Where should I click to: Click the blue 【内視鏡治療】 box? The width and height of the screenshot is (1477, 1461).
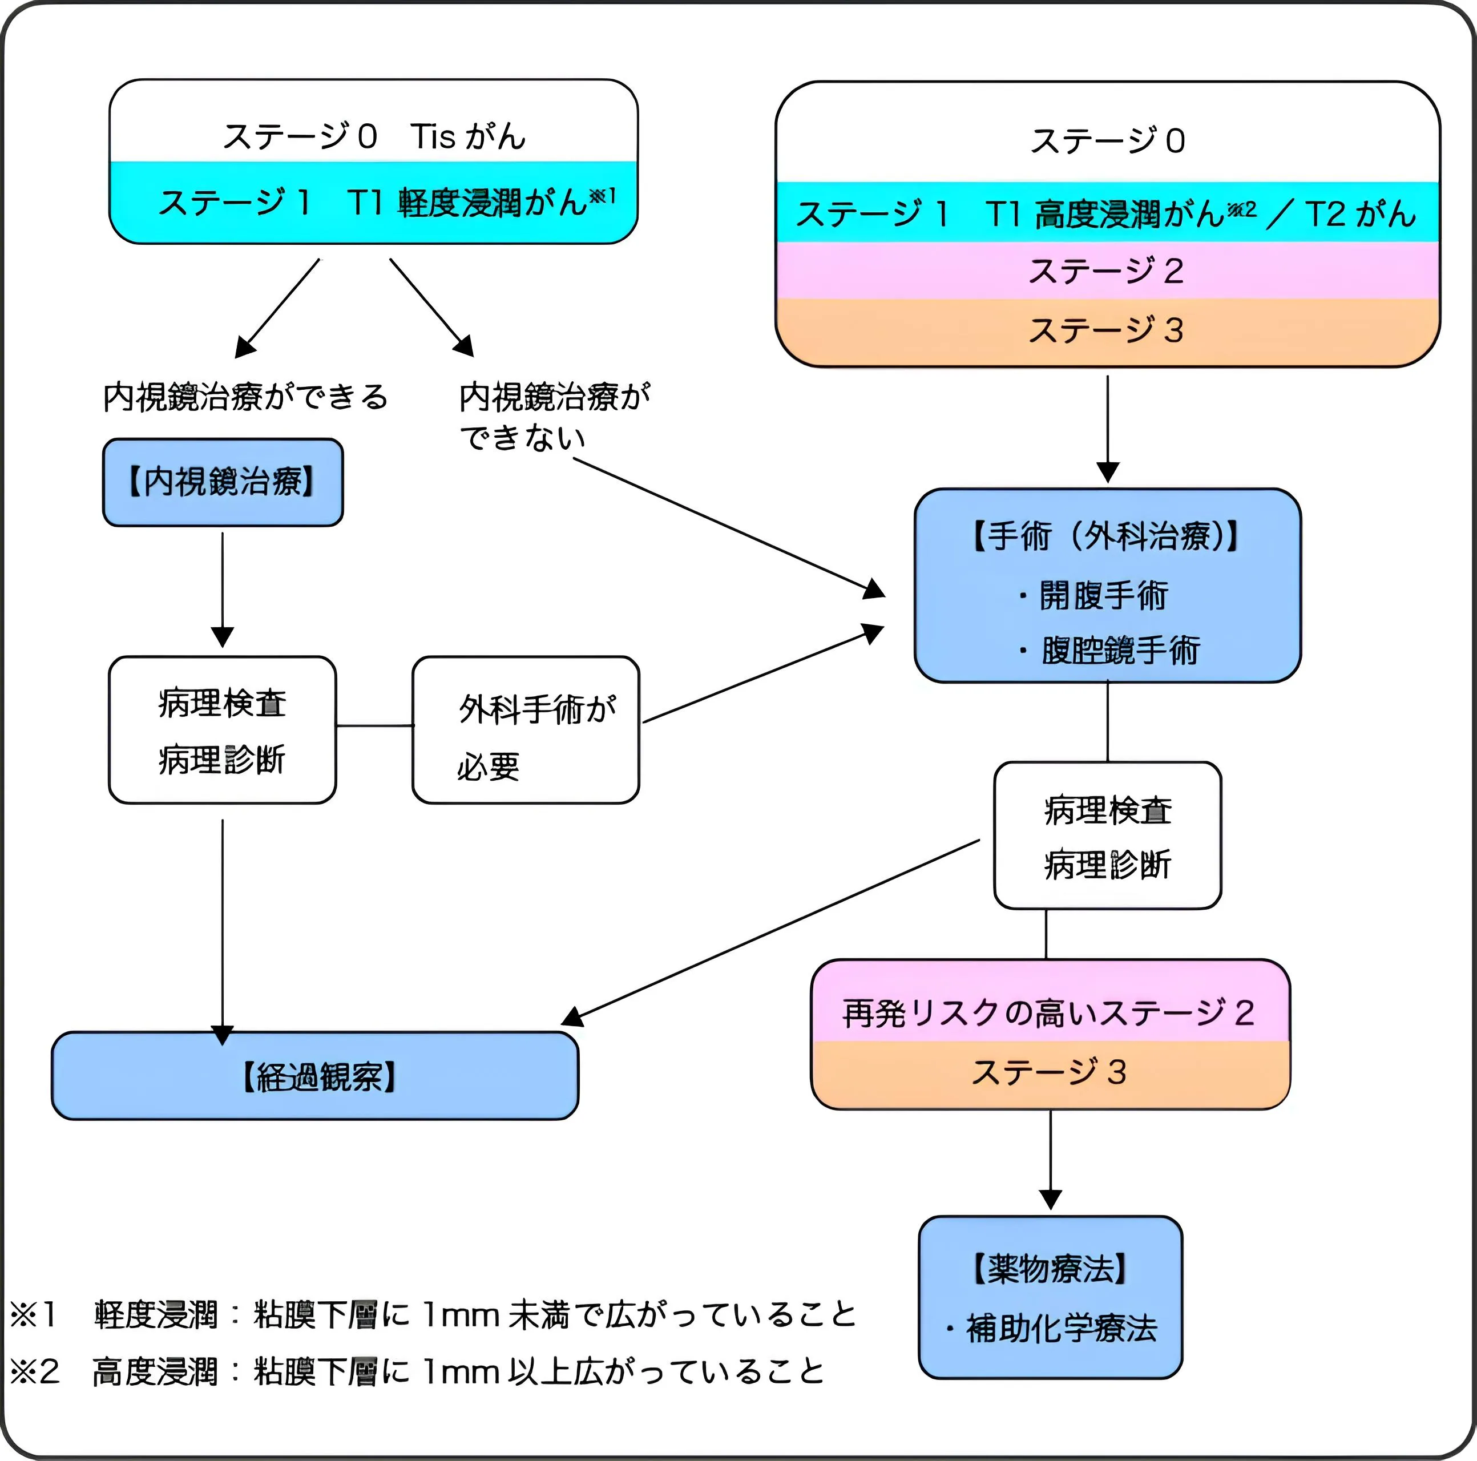(223, 482)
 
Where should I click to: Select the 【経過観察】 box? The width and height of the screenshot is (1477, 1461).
(315, 1076)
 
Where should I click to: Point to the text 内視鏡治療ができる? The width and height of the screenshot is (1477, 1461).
(245, 397)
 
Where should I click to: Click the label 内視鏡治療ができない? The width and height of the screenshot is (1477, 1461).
(554, 417)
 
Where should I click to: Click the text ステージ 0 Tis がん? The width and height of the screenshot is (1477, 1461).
(374, 136)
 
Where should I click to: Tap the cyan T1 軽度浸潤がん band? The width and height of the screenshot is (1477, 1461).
(374, 203)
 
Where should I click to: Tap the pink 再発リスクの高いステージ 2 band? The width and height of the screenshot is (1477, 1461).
(1049, 1012)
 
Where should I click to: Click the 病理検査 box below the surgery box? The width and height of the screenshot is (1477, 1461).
(1107, 836)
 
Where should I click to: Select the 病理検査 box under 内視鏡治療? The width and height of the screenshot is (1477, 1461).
(223, 730)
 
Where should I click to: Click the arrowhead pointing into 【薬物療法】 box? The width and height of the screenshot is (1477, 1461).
(1051, 1200)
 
